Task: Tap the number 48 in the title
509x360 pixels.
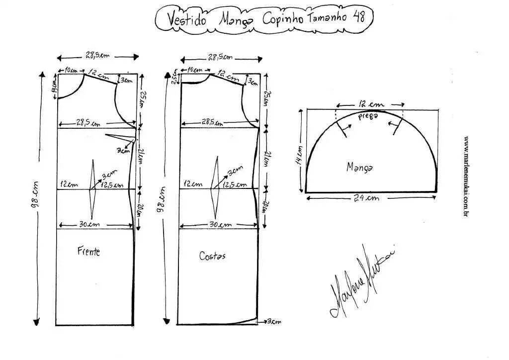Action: [359, 17]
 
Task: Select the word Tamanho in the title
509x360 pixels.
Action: [329, 18]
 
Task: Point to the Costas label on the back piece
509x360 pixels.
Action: [212, 256]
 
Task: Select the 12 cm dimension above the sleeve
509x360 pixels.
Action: [370, 104]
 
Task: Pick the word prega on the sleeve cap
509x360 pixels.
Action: [368, 115]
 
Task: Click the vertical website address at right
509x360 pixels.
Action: [467, 176]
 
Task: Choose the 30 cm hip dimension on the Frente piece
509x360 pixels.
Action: [89, 224]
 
